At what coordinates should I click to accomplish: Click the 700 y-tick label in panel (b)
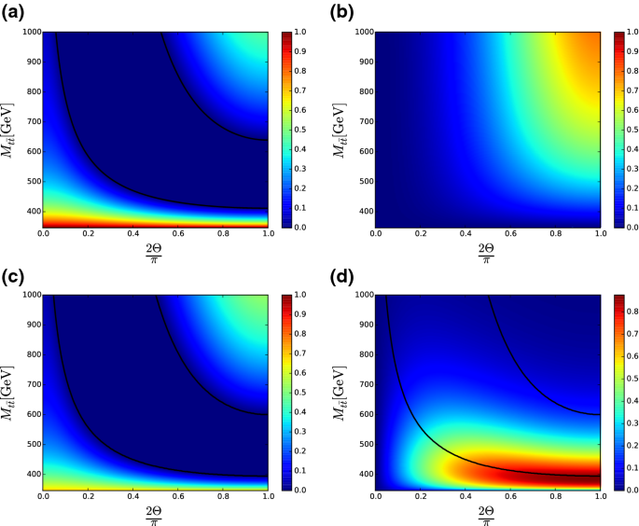click(364, 122)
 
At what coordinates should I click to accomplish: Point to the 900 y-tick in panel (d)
click(364, 325)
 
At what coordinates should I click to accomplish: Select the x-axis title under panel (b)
click(486, 253)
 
